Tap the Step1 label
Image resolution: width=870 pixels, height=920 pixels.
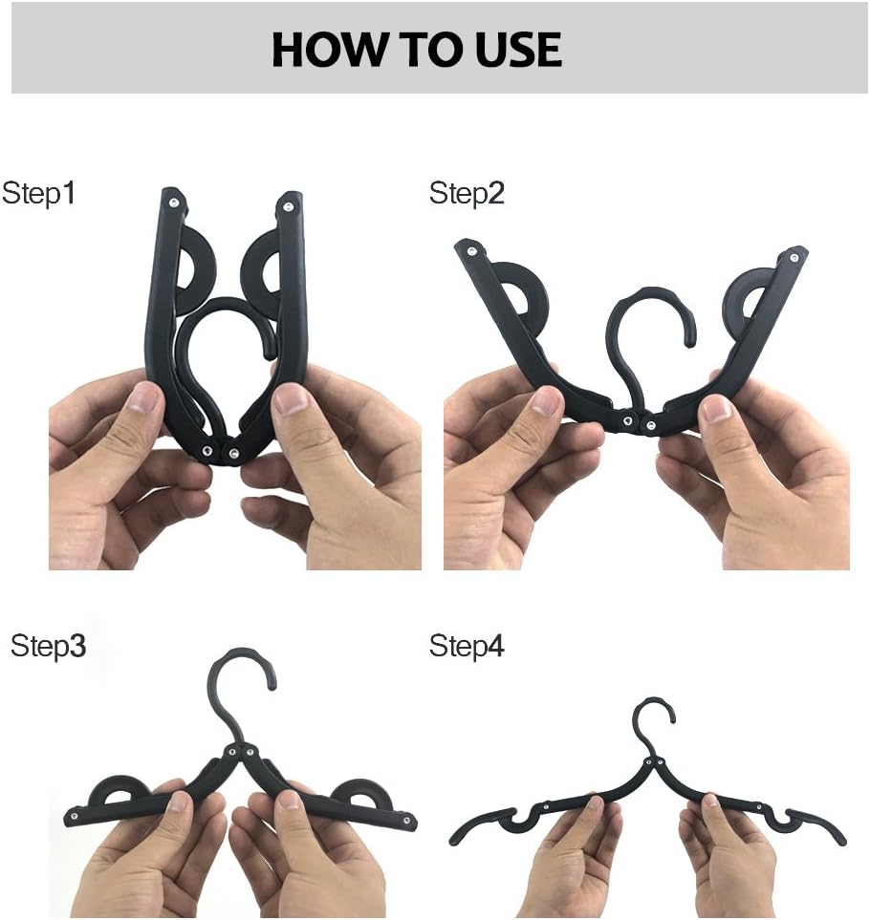(x=39, y=194)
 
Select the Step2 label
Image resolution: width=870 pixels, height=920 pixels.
(x=467, y=194)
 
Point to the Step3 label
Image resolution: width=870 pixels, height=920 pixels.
(x=49, y=646)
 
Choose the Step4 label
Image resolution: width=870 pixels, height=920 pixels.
(x=467, y=646)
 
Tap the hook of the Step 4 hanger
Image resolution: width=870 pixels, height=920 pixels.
(x=655, y=715)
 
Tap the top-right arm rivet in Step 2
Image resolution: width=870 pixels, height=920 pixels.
(x=792, y=255)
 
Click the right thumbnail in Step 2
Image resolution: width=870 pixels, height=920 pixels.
(x=716, y=410)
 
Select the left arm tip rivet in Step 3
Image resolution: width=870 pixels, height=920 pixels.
(x=72, y=820)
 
